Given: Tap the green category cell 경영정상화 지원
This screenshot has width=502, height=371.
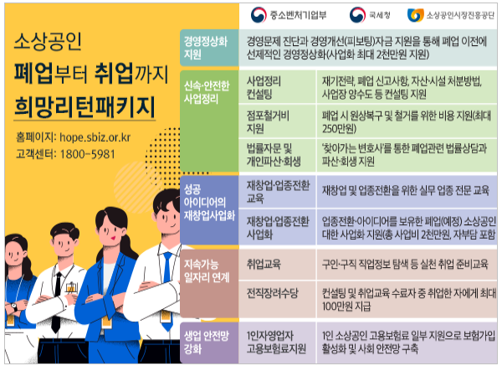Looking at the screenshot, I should click(205, 48).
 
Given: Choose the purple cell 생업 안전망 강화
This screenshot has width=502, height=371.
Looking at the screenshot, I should click(205, 341).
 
